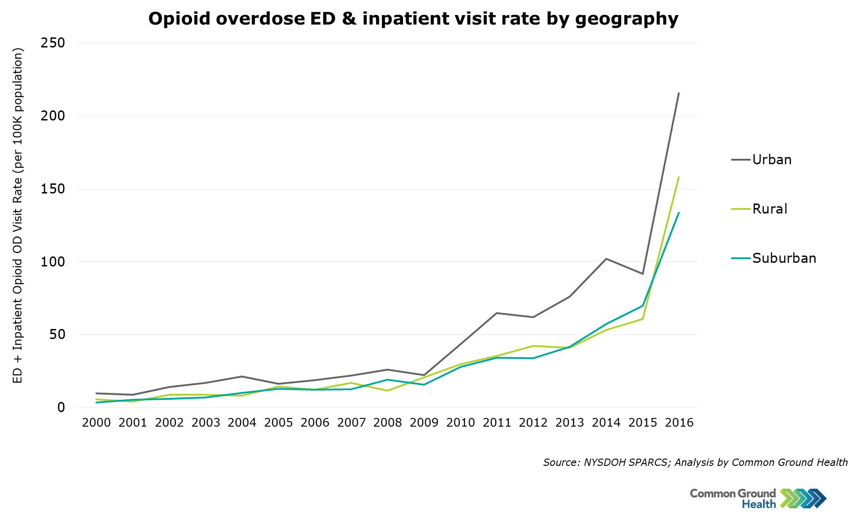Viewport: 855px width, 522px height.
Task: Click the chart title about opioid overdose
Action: pos(413,19)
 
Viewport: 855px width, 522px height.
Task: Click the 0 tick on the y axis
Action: pos(61,407)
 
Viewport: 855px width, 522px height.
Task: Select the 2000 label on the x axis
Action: pos(96,423)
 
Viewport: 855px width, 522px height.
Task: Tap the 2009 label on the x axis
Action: pos(424,423)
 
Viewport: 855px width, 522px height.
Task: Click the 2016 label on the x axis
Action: pos(679,423)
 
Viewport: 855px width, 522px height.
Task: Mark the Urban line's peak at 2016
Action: pos(679,93)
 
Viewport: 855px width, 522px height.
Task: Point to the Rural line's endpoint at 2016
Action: pos(679,177)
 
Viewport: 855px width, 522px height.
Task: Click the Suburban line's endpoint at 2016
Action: pos(679,213)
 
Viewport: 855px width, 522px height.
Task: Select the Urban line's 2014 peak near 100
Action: pos(606,259)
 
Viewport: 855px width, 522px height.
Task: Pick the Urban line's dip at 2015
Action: pos(643,274)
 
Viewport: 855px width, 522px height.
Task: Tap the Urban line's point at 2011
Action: pos(497,313)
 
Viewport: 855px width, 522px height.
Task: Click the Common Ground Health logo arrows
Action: pos(803,498)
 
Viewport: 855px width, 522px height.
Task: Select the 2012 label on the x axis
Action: pos(533,423)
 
